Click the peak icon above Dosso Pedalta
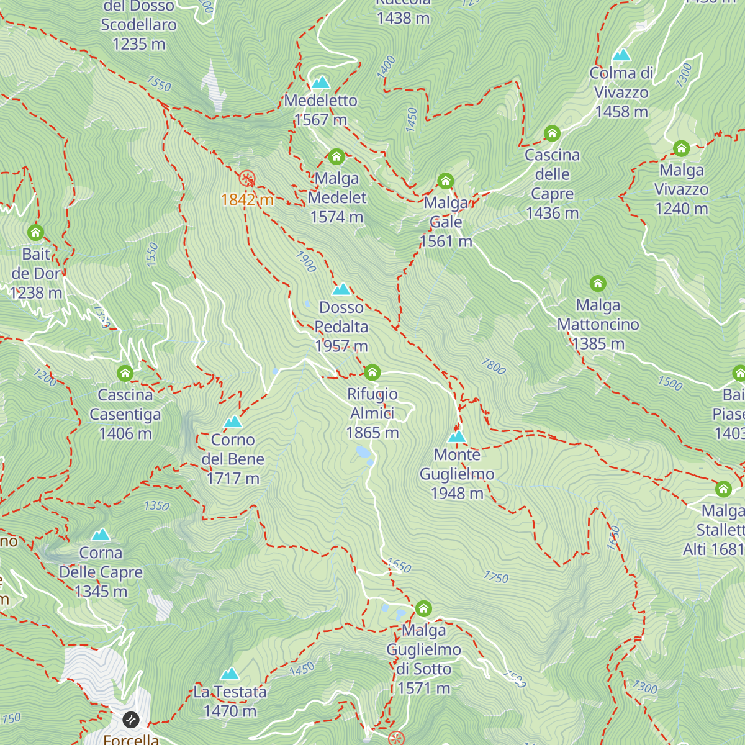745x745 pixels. [341, 289]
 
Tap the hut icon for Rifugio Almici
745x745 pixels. [372, 372]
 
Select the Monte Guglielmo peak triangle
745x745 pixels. [457, 436]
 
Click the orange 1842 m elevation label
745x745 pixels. [247, 199]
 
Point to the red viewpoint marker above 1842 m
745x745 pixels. [247, 179]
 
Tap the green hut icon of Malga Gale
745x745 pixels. [446, 181]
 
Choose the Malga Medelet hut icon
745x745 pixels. [336, 156]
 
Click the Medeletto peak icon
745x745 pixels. [320, 82]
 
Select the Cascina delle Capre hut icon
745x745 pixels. [552, 133]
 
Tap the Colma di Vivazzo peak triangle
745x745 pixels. [621, 55]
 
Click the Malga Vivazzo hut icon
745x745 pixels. [681, 148]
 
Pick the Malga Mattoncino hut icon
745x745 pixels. [598, 283]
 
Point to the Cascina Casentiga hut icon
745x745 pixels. [125, 373]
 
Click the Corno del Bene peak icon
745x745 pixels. [233, 422]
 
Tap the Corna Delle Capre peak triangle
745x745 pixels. [101, 535]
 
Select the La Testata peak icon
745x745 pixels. [230, 674]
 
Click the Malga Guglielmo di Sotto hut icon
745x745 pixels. [423, 608]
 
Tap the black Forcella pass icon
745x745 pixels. [131, 720]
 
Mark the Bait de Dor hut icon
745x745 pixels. [36, 232]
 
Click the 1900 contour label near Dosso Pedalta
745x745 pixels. [306, 262]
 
